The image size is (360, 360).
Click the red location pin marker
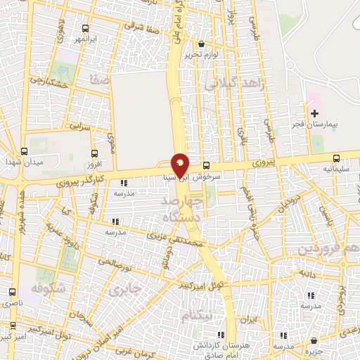tap(180, 165)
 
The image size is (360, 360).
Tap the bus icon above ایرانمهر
tap(85, 28)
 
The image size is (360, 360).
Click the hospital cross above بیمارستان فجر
tap(314, 113)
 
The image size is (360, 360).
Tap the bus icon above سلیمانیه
tap(335, 158)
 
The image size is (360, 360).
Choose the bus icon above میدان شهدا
tap(25, 151)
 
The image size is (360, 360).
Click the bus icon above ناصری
tap(12, 291)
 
